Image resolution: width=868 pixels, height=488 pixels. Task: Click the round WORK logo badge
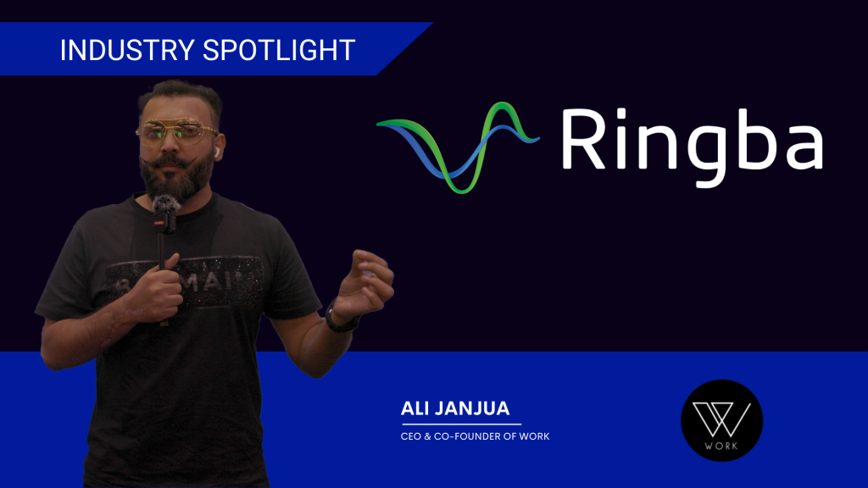pyautogui.click(x=721, y=420)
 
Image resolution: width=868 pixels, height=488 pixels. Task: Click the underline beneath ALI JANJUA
pyautogui.click(x=461, y=423)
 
